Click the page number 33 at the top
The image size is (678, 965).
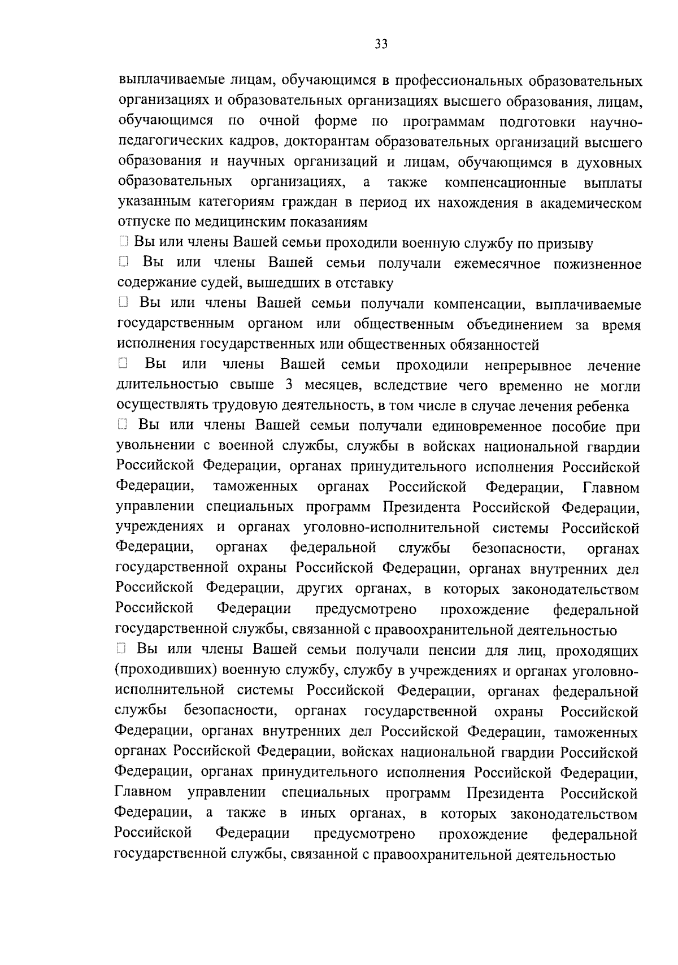pyautogui.click(x=381, y=45)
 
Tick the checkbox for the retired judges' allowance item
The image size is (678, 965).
pyautogui.click(x=124, y=262)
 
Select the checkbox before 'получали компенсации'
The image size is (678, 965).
pyautogui.click(x=124, y=303)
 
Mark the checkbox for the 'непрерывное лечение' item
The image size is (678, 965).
pyautogui.click(x=123, y=364)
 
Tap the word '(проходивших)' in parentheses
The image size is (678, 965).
pyautogui.click(x=165, y=671)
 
